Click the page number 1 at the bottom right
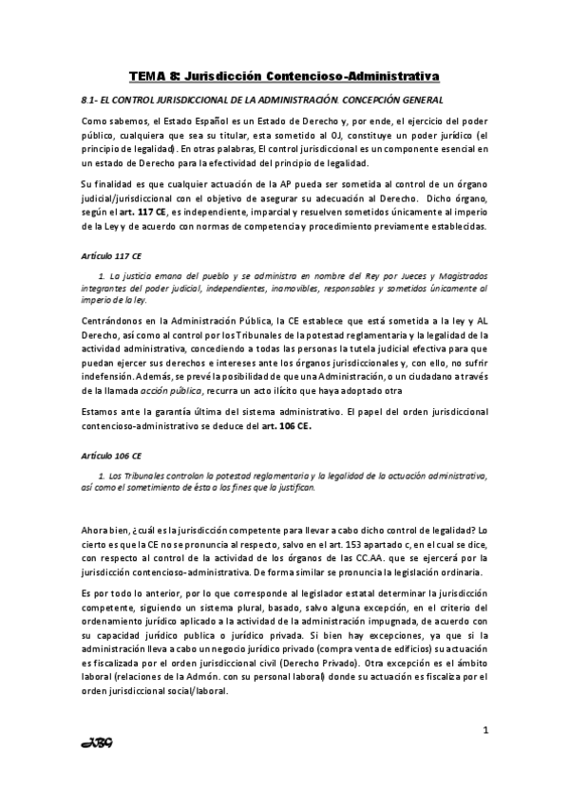tap(485, 730)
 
